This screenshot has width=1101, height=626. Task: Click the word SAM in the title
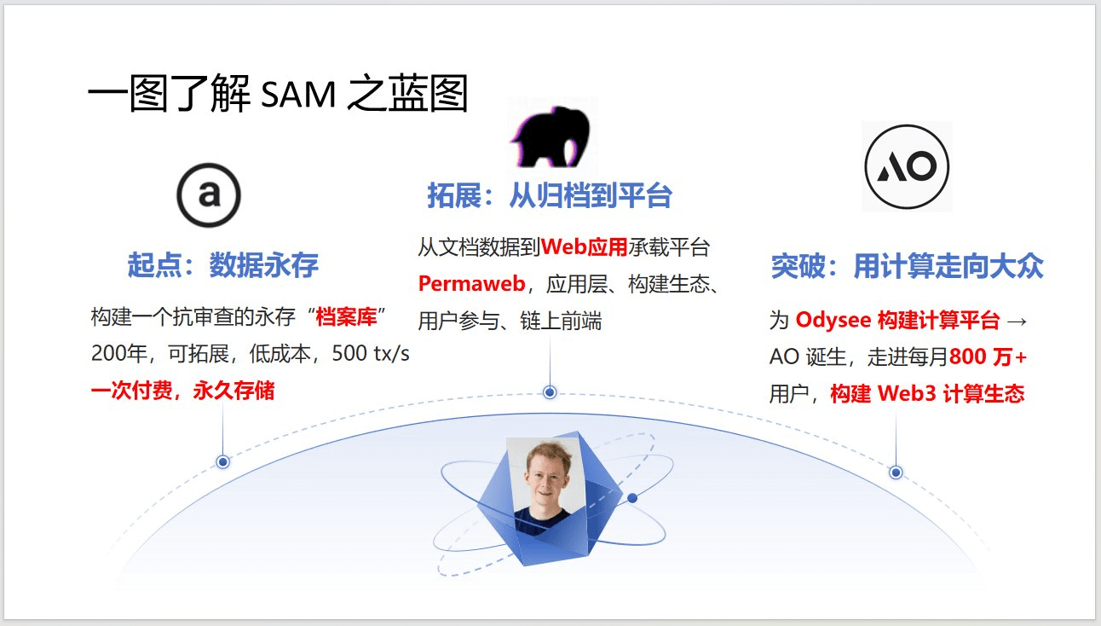point(298,94)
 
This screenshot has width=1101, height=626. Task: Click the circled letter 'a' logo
point(209,195)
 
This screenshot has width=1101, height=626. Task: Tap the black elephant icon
point(551,136)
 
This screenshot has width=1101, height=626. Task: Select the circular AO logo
point(907,166)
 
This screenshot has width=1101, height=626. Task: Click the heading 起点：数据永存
point(223,265)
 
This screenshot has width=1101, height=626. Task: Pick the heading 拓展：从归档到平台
point(550,195)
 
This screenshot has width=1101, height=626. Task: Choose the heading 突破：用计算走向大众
point(907,266)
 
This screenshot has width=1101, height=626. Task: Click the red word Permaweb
point(471,284)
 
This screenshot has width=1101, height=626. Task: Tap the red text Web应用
point(584,246)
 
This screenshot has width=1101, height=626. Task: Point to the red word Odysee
point(833,320)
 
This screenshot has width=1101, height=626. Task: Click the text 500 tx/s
point(371,353)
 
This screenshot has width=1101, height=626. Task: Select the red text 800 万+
point(988,356)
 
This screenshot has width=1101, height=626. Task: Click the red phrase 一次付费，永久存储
point(183,391)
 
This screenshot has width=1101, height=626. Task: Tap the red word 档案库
point(346,316)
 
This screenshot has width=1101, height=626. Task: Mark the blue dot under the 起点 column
point(222,461)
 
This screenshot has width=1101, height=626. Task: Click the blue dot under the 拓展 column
point(550,392)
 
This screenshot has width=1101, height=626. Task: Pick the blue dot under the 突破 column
point(896,472)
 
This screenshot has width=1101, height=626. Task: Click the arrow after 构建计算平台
point(1017,322)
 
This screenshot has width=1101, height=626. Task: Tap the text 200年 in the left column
point(119,353)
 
